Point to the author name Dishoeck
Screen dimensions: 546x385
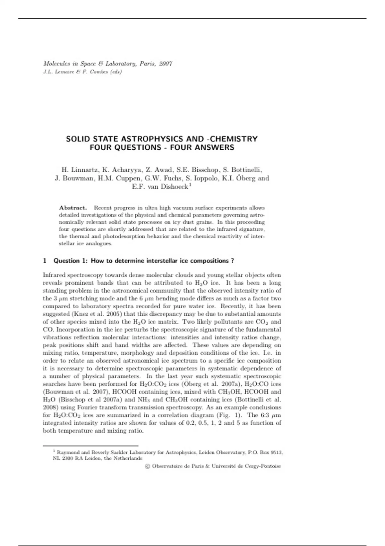[x=174, y=187]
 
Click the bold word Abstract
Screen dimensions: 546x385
[x=73, y=208]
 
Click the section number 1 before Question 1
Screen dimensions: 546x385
[x=45, y=261]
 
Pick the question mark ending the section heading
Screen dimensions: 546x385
[x=232, y=261]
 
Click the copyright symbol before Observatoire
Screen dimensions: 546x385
[x=148, y=466]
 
